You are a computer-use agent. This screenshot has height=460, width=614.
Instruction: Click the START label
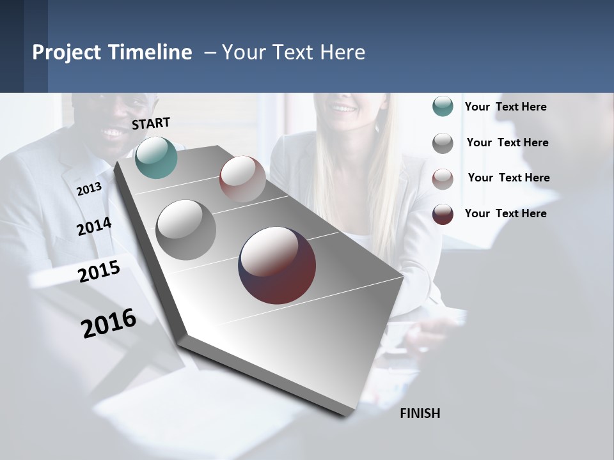(x=151, y=123)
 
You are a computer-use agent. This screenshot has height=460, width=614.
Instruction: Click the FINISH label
(x=420, y=413)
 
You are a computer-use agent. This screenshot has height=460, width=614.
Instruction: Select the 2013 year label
(x=89, y=188)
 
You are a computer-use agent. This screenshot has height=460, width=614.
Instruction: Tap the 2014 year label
(x=94, y=227)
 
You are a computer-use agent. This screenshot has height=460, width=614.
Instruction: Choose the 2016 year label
(x=109, y=323)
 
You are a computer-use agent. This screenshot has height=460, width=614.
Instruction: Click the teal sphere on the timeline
(x=156, y=157)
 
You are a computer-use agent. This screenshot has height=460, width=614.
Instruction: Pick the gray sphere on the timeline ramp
(x=185, y=229)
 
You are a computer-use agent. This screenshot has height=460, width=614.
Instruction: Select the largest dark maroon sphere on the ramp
(x=277, y=265)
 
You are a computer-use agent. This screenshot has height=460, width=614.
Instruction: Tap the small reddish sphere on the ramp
(x=242, y=179)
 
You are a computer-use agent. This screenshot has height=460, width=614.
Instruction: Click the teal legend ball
(x=443, y=107)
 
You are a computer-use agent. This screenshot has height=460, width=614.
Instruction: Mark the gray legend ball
(x=443, y=143)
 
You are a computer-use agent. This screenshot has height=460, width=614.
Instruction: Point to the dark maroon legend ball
(x=443, y=214)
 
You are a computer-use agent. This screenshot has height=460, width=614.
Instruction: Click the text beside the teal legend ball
(x=505, y=107)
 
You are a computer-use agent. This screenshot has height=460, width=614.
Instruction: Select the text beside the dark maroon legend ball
(x=505, y=213)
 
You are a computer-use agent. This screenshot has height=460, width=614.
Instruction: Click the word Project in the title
(x=67, y=52)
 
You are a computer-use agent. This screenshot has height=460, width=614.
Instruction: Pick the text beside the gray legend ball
(x=507, y=142)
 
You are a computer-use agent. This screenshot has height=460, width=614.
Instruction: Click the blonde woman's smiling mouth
(x=344, y=108)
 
